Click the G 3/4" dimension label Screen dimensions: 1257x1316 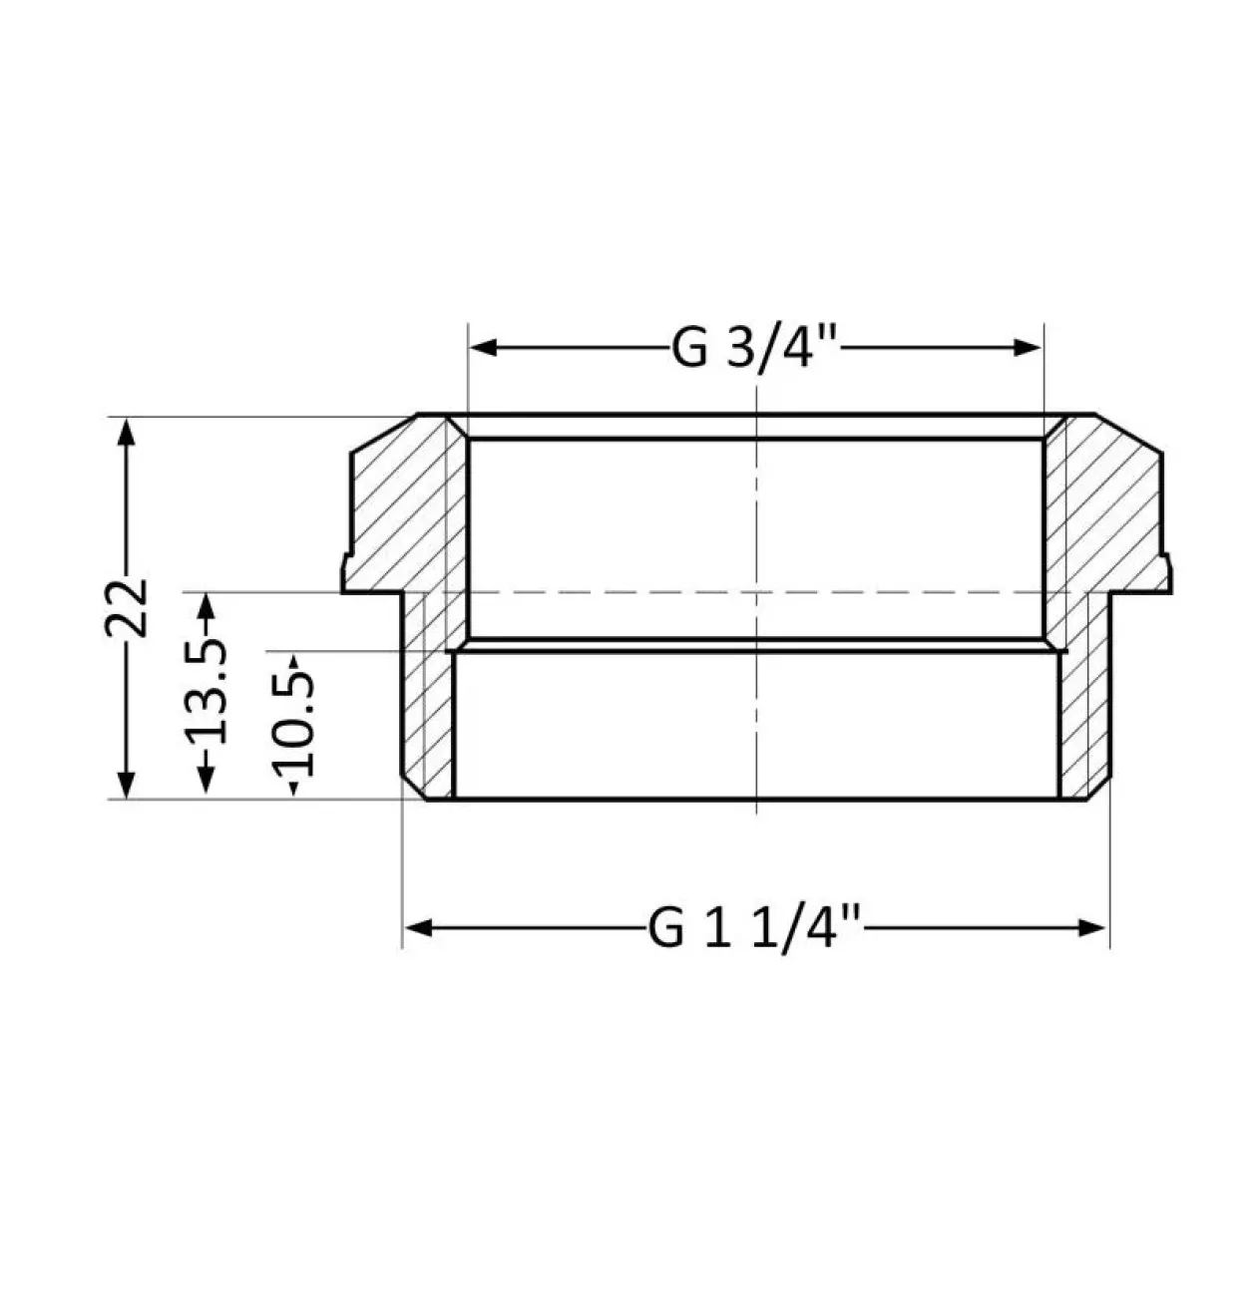tap(755, 347)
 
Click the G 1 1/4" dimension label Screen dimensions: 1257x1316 tap(754, 928)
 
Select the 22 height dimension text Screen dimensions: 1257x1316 tap(126, 608)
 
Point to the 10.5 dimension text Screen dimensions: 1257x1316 tap(292, 724)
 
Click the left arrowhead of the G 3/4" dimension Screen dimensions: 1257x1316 tap(483, 347)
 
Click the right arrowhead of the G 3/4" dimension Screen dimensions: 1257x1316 tap(1028, 347)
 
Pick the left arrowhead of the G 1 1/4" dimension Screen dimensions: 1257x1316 tap(419, 928)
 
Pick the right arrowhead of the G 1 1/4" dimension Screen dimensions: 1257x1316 tap(1091, 928)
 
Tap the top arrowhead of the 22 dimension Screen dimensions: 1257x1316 tap(126, 432)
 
